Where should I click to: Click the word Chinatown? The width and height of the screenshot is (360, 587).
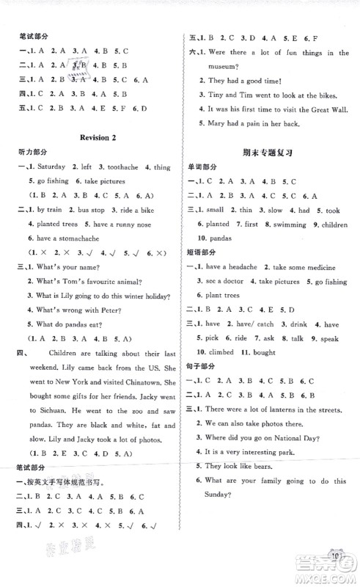point(145,384)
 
